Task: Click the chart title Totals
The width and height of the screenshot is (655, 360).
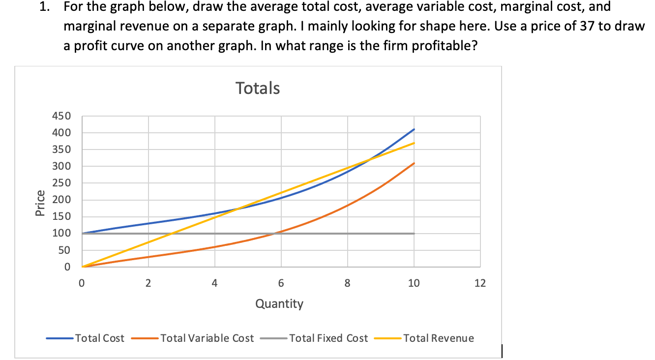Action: click(258, 88)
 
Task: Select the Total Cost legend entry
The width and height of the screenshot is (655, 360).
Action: click(100, 338)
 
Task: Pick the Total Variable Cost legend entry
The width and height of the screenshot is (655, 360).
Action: click(207, 338)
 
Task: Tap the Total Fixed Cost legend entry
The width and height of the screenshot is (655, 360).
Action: click(328, 338)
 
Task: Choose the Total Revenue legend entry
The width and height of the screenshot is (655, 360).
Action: click(439, 338)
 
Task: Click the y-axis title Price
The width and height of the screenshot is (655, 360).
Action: click(40, 203)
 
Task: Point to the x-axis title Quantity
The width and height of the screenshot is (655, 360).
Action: click(279, 304)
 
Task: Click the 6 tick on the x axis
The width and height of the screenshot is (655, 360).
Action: click(281, 283)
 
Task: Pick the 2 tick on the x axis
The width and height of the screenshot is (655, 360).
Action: click(148, 283)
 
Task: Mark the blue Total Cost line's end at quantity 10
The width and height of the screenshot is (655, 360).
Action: click(414, 129)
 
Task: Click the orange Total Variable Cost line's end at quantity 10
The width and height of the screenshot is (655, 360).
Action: click(414, 163)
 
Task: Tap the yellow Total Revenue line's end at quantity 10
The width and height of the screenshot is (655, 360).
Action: click(414, 143)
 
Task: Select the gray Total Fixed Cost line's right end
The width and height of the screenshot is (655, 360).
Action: click(414, 234)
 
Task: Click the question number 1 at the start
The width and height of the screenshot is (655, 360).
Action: click(43, 7)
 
